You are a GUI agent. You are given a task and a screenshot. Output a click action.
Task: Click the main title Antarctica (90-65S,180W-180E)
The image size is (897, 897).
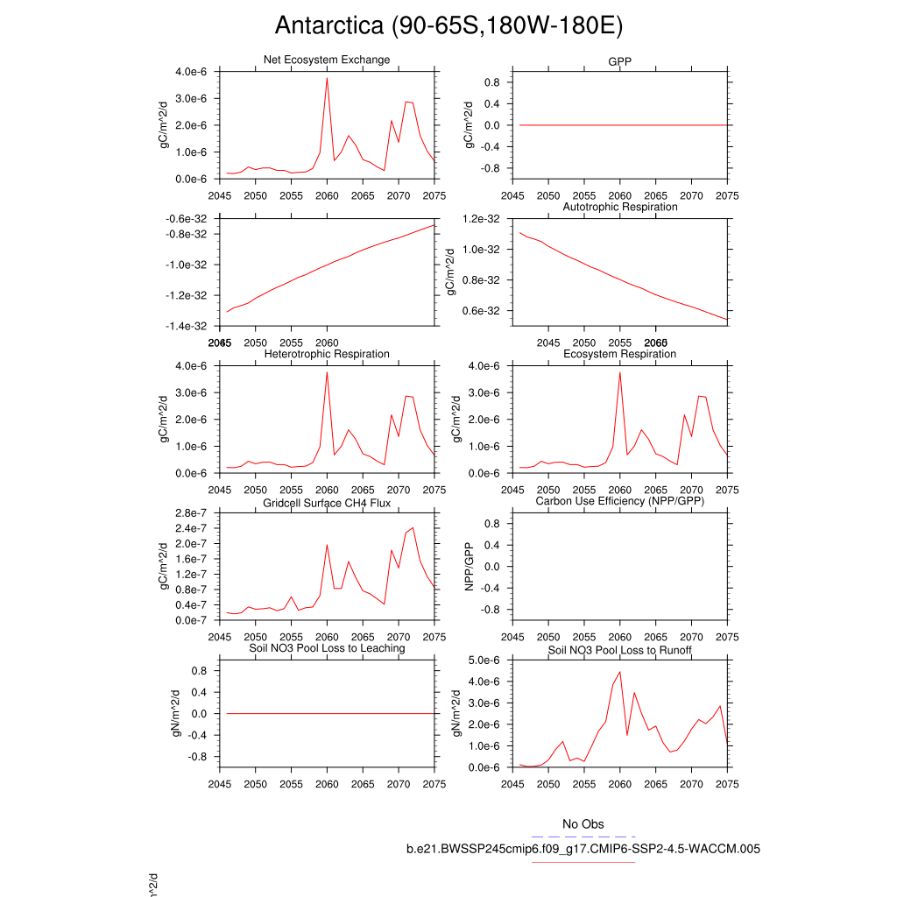click(448, 25)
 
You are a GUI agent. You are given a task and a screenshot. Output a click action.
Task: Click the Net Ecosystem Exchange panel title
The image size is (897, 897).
click(327, 60)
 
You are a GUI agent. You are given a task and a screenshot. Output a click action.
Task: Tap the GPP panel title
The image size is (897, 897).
click(619, 63)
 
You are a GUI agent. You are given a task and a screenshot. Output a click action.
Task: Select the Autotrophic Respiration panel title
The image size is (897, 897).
click(619, 207)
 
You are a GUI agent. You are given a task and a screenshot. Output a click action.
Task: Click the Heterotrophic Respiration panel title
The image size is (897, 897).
click(327, 354)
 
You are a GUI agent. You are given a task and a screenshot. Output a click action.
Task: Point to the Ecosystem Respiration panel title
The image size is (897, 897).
click(619, 354)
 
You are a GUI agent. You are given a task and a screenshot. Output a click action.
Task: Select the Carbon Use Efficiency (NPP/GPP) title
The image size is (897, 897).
click(619, 501)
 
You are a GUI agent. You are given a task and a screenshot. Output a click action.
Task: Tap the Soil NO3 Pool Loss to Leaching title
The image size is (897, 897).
click(327, 648)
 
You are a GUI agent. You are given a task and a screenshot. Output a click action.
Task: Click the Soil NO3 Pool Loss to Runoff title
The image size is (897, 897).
click(619, 651)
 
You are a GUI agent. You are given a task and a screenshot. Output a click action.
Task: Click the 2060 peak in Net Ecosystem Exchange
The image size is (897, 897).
click(327, 78)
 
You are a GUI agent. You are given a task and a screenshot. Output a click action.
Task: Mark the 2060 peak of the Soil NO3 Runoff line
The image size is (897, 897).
click(620, 672)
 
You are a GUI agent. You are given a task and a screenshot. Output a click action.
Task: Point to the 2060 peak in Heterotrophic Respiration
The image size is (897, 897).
click(327, 372)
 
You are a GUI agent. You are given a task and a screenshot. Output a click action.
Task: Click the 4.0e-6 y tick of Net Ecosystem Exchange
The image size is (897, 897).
click(191, 72)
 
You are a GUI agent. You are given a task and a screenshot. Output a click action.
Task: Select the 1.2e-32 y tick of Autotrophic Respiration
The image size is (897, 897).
click(482, 219)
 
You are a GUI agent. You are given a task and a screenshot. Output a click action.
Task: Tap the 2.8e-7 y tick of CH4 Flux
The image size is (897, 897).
click(191, 513)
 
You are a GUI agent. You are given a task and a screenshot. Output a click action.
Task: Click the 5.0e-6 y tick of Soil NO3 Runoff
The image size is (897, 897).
click(482, 660)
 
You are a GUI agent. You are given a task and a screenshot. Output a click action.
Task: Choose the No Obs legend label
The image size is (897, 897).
click(583, 824)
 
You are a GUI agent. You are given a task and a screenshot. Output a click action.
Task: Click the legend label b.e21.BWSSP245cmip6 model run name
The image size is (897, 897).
click(583, 849)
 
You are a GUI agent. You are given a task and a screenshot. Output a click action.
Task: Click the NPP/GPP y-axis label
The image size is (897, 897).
click(470, 567)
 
